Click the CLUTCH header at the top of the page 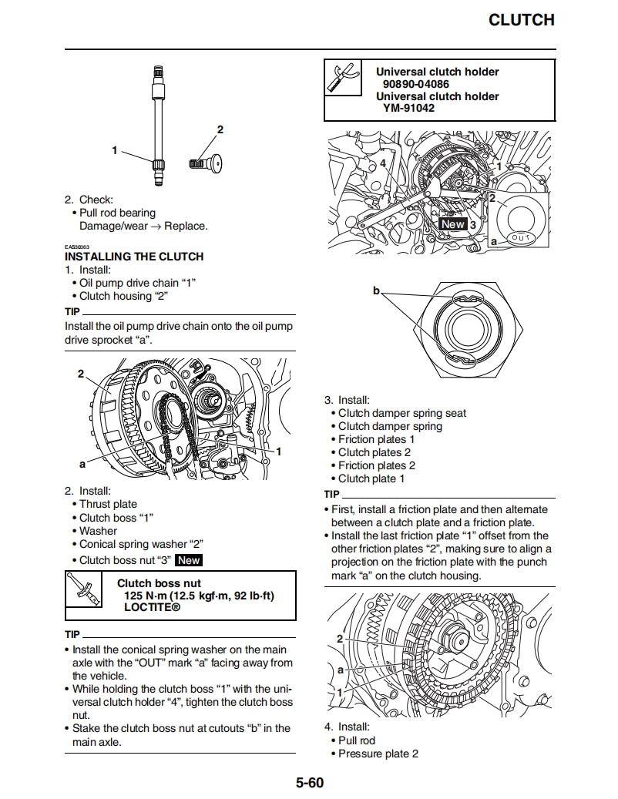coord(521,20)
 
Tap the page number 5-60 coord(309,784)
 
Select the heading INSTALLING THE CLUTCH coord(134,257)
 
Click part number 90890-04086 coord(416,84)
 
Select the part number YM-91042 coord(409,109)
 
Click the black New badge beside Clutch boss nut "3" coord(189,561)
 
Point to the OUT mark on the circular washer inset coord(522,237)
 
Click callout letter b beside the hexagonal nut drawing coord(377,290)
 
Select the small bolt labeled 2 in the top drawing coord(205,163)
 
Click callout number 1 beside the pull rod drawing coord(115,150)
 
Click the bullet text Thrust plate coord(108,505)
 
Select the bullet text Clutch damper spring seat coord(401,414)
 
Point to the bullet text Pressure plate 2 coord(378,754)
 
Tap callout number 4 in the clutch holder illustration coord(382,163)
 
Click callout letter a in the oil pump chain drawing coord(82,464)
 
